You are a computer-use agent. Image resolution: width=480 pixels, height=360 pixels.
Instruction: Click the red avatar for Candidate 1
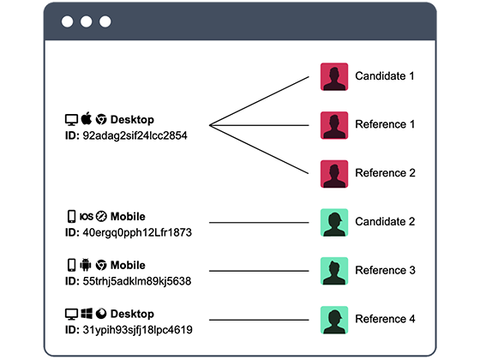(x=334, y=76)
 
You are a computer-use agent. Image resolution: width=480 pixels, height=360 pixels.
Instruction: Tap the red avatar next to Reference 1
(x=334, y=125)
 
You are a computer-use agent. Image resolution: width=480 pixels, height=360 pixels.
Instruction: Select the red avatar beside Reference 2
(x=334, y=173)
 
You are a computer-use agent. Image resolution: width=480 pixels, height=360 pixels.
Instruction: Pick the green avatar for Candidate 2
(x=334, y=222)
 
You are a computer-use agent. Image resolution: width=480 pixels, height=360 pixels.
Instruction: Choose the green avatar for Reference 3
(x=334, y=271)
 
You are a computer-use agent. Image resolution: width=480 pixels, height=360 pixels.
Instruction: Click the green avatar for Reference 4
(x=334, y=320)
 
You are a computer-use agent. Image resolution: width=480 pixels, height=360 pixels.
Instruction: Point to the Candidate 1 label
(x=385, y=76)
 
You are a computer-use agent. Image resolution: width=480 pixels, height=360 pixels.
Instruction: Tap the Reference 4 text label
(x=385, y=319)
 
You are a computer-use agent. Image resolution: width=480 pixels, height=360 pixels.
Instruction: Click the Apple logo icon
(x=87, y=118)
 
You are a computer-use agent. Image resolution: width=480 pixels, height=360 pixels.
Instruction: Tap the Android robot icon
(x=86, y=265)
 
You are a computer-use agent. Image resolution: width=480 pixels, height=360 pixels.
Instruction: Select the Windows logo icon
(x=87, y=314)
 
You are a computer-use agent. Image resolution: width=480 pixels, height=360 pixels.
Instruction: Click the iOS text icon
(x=86, y=217)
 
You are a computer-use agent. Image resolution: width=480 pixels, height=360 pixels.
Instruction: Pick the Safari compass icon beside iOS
(x=101, y=216)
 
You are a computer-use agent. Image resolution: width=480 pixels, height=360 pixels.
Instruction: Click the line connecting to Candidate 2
(x=259, y=223)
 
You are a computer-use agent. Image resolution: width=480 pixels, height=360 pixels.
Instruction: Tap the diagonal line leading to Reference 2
(x=259, y=149)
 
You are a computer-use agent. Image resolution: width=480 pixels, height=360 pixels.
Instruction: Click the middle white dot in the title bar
(x=86, y=21)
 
